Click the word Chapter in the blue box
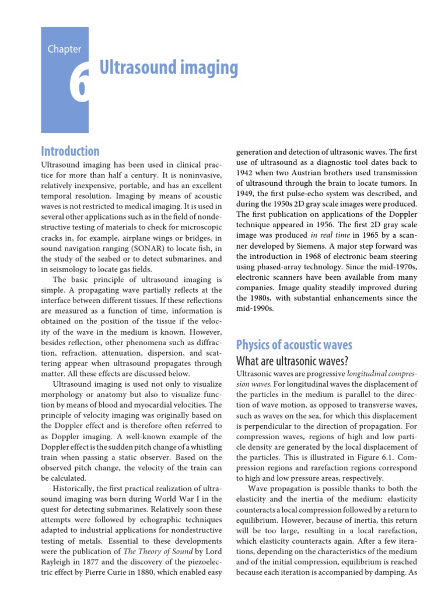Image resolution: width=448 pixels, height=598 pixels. [x=64, y=50]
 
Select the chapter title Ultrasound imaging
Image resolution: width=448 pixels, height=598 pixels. [x=169, y=68]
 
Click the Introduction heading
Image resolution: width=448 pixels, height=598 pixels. [x=70, y=151]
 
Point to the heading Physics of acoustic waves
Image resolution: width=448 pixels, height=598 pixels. [x=293, y=344]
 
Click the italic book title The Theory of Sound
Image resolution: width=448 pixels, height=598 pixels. [x=155, y=551]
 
